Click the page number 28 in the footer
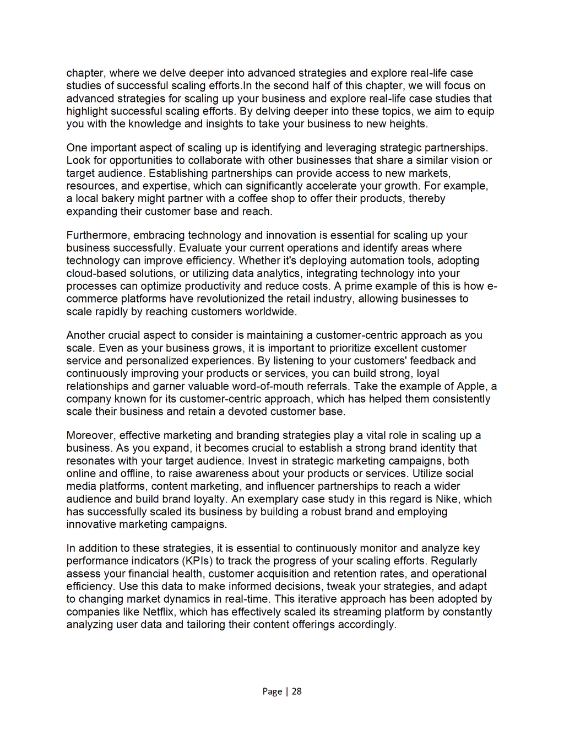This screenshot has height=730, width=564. click(297, 691)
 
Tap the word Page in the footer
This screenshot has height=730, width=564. click(272, 691)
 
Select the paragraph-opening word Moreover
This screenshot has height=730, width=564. click(91, 435)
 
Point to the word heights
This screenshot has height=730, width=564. click(407, 124)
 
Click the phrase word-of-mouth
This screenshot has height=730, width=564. click(270, 386)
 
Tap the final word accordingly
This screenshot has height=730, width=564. click(368, 625)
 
